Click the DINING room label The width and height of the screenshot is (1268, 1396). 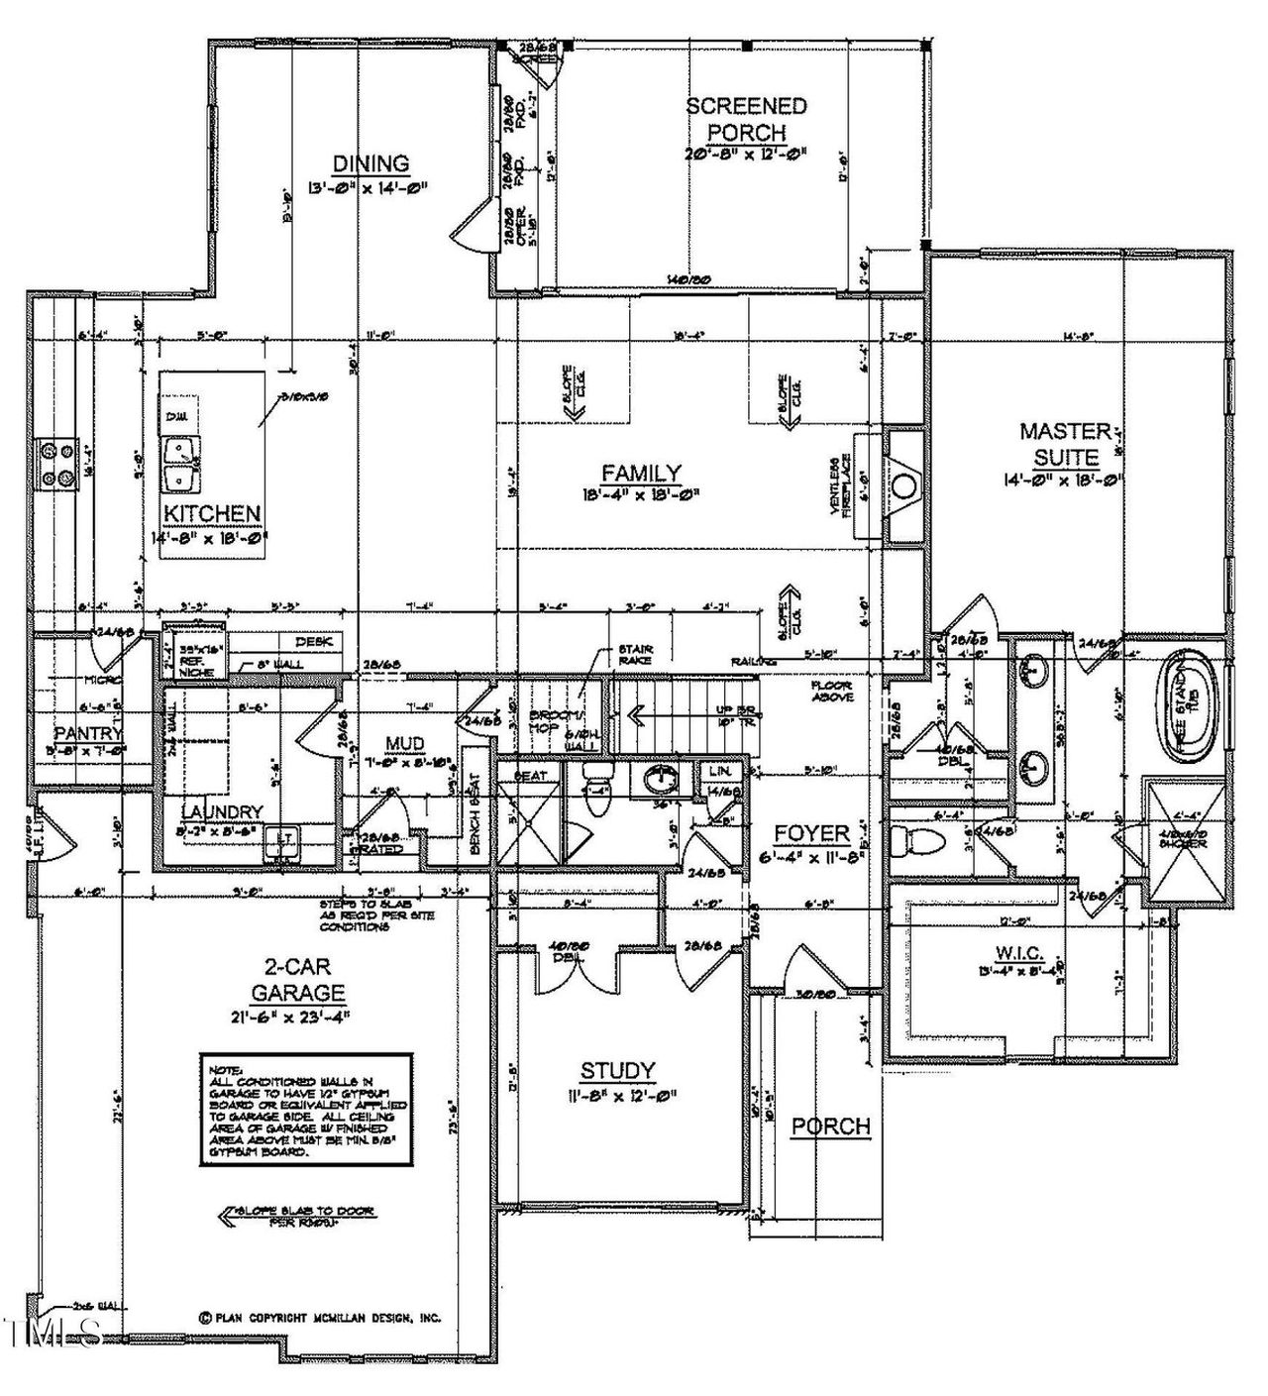[370, 163]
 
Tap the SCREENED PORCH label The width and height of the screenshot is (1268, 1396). [747, 119]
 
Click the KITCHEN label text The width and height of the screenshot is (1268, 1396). [212, 513]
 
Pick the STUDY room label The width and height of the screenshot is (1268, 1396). [617, 1070]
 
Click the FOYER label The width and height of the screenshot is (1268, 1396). [811, 833]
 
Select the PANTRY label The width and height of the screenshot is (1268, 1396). [87, 733]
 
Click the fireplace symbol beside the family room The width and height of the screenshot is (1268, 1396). [903, 485]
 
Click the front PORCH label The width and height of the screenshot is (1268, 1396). [829, 1126]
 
